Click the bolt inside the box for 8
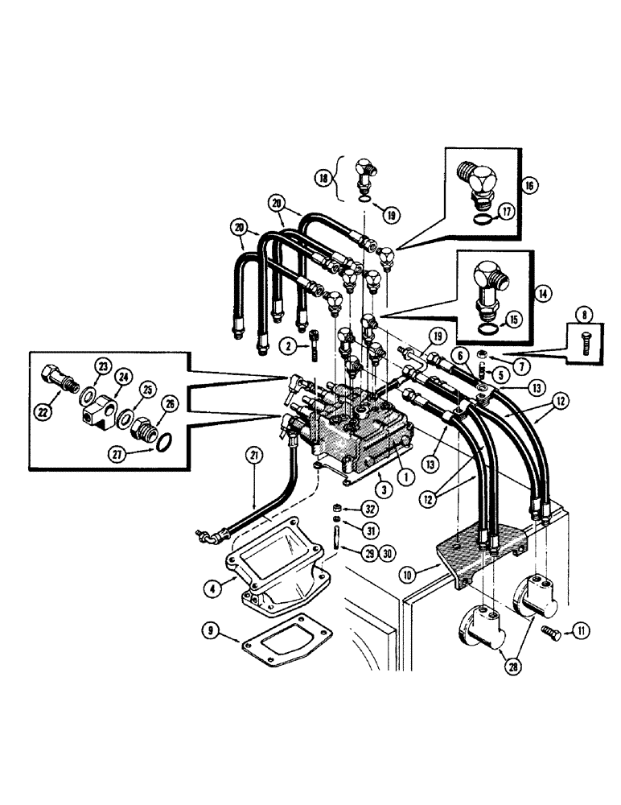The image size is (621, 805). pos(583,337)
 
